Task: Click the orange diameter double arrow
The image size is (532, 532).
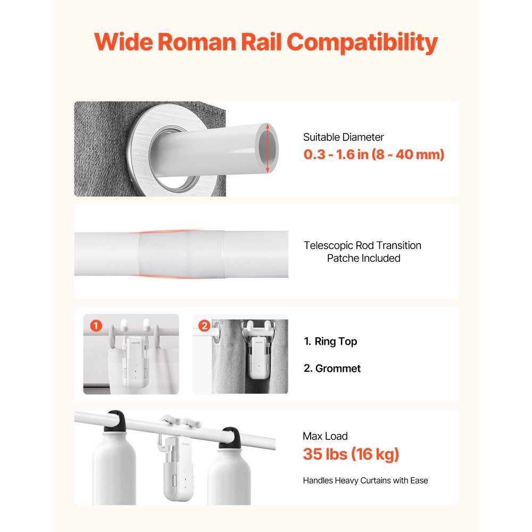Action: (x=268, y=149)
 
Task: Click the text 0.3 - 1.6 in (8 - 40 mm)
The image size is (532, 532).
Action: (x=373, y=155)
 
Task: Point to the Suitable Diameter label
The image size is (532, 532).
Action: (x=343, y=137)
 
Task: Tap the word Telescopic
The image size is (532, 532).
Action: (x=328, y=245)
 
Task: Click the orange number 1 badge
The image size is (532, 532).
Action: (x=96, y=326)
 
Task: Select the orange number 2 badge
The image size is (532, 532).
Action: (x=204, y=326)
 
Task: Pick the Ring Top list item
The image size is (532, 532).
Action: (x=330, y=342)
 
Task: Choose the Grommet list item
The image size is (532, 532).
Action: (x=332, y=368)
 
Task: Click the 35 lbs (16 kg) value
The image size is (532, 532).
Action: (x=351, y=455)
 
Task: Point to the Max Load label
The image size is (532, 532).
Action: (x=325, y=436)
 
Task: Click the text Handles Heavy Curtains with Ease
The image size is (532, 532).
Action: (x=365, y=480)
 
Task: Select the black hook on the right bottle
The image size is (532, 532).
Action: (x=229, y=436)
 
